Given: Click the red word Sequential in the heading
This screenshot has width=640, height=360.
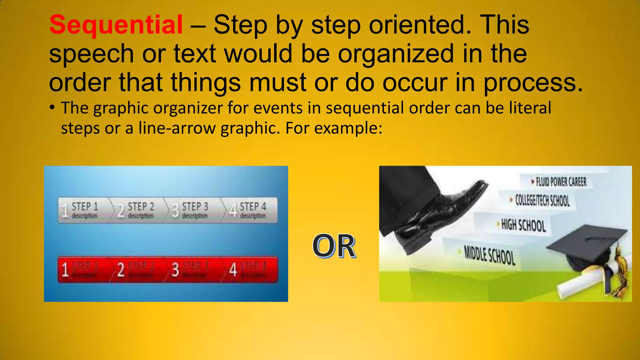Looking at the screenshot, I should tap(116, 25).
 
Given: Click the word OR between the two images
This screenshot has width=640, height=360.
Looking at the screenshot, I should tap(334, 246).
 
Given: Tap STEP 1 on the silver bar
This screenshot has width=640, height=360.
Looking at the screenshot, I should tap(85, 207).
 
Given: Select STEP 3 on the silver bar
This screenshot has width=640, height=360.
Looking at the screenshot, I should tap(195, 207).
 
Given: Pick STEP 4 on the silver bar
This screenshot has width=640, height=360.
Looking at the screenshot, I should tap(253, 207).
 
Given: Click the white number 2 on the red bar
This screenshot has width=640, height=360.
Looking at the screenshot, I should tap(121, 270).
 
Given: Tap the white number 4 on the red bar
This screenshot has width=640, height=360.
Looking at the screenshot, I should tap(233, 270).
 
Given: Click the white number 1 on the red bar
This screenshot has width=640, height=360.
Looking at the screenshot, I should tap(65, 270).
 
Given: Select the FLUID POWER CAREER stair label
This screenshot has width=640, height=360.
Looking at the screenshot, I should tap(561, 182).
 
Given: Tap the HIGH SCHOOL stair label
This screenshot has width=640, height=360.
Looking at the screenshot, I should tap(523, 225).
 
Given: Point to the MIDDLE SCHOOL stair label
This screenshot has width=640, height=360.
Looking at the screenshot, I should tap(489, 255).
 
